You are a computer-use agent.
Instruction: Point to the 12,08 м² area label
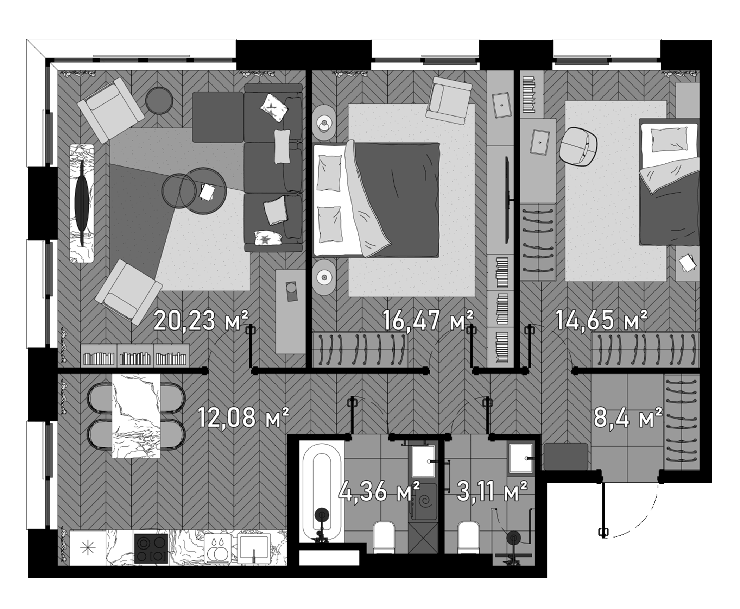(x=243, y=417)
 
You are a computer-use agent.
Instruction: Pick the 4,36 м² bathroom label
(x=379, y=491)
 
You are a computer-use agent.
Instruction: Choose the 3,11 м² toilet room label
(x=492, y=491)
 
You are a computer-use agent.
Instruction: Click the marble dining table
(x=136, y=416)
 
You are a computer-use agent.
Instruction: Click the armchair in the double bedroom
(x=448, y=101)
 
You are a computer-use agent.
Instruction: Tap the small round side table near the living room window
(x=159, y=100)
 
